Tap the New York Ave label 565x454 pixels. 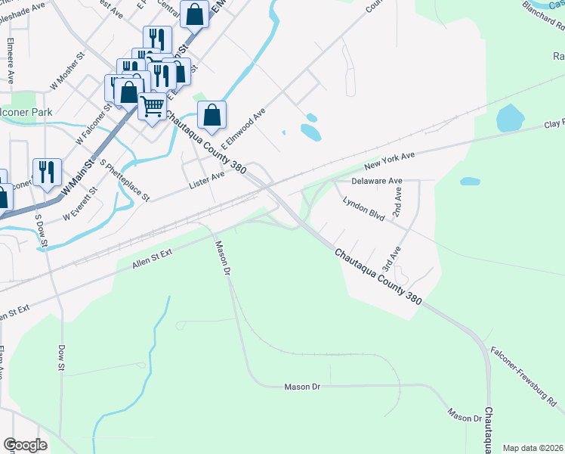(390, 160)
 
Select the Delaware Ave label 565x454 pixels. (377, 182)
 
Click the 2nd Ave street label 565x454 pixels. (396, 202)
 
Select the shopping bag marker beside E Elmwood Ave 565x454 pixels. (212, 116)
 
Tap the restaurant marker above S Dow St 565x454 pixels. (47, 172)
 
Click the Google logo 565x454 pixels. (25, 445)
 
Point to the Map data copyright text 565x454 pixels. (532, 448)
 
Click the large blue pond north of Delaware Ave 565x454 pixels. (510, 118)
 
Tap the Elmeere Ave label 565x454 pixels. (10, 54)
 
